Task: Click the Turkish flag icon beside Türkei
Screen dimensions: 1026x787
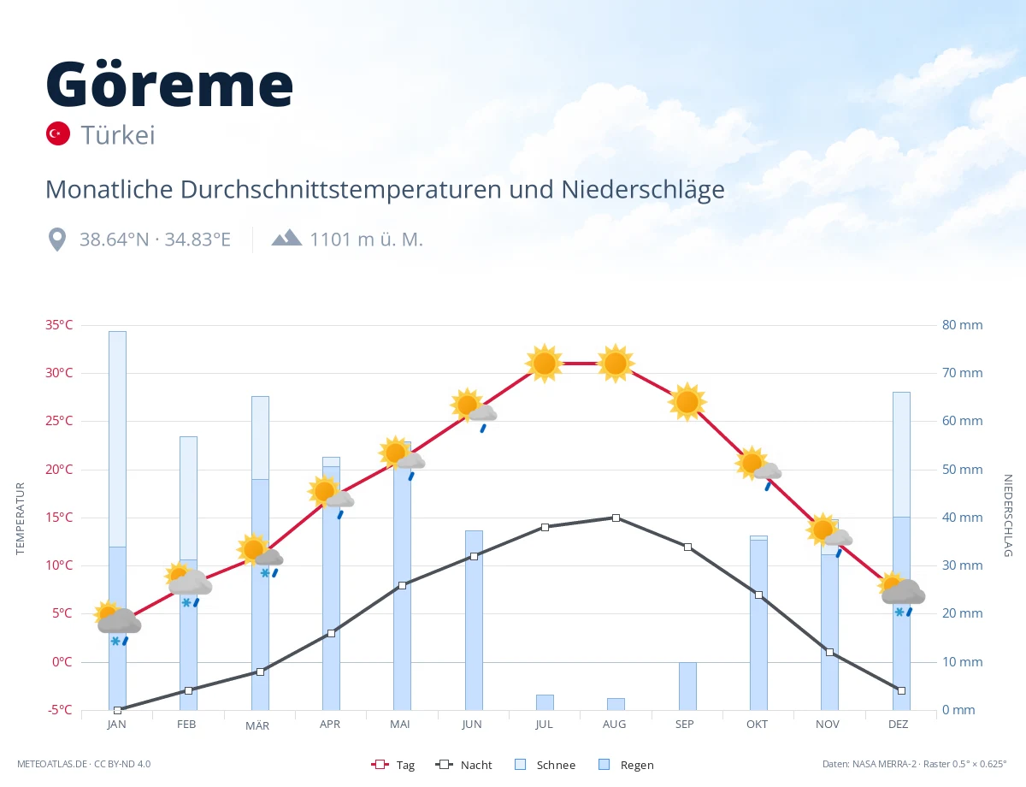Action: pyautogui.click(x=57, y=133)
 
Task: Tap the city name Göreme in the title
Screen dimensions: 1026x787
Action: pyautogui.click(x=169, y=84)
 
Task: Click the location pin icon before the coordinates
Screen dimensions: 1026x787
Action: pyautogui.click(x=57, y=240)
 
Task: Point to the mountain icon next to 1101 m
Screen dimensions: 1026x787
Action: pyautogui.click(x=286, y=238)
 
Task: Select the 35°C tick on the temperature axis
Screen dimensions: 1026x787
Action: pyautogui.click(x=59, y=325)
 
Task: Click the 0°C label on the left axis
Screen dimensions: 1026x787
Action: pyautogui.click(x=62, y=661)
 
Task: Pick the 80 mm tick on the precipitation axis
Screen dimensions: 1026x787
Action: pyautogui.click(x=962, y=325)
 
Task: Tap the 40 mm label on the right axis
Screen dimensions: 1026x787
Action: pyautogui.click(x=962, y=518)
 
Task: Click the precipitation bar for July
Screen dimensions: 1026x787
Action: pyautogui.click(x=545, y=702)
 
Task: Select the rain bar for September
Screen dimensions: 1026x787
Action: pyautogui.click(x=687, y=686)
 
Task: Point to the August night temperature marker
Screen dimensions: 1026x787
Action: pyautogui.click(x=616, y=518)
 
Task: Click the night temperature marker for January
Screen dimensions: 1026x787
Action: pyautogui.click(x=118, y=710)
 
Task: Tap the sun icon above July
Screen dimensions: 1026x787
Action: pyautogui.click(x=545, y=364)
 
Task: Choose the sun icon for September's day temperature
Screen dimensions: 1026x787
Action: pyautogui.click(x=687, y=402)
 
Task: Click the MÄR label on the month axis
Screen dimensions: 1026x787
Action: pyautogui.click(x=257, y=725)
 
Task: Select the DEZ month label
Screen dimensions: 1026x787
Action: pyautogui.click(x=898, y=725)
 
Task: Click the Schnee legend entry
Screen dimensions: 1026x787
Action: pyautogui.click(x=545, y=765)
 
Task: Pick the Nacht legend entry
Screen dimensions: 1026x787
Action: pyautogui.click(x=463, y=765)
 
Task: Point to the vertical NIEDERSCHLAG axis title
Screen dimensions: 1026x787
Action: pyautogui.click(x=1008, y=515)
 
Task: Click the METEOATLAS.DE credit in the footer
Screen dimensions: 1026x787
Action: pyautogui.click(x=52, y=764)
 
